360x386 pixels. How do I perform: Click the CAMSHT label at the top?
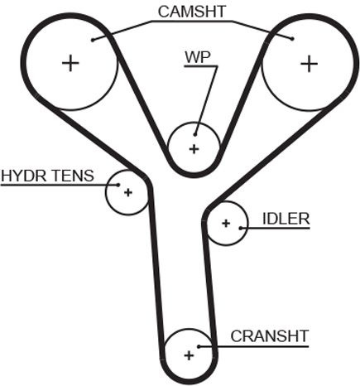pos(192,12)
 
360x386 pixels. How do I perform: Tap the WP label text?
pos(198,57)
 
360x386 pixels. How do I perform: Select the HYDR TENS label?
pos(47,176)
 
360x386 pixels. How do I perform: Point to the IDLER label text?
pos(286,219)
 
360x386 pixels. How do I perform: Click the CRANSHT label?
pos(269,336)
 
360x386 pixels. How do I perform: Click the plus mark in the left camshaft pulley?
pos(70,63)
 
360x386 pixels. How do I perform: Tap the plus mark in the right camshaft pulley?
pos(309,64)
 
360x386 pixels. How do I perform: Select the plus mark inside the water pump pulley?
pos(194,149)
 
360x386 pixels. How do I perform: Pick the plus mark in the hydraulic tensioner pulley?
pos(128,192)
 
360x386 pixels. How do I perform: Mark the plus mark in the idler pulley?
pos(226,223)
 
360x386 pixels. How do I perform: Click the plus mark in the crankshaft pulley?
pos(189,355)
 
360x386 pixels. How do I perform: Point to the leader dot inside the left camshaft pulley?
pos(93,40)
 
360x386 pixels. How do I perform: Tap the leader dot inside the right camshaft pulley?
pos(292,39)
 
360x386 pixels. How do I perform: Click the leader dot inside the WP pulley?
pos(195,135)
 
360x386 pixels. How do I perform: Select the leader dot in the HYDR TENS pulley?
pos(118,185)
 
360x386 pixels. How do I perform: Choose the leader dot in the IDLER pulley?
pos(241,228)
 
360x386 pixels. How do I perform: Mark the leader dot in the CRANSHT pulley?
pos(199,346)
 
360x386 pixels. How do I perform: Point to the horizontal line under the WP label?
pos(201,66)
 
